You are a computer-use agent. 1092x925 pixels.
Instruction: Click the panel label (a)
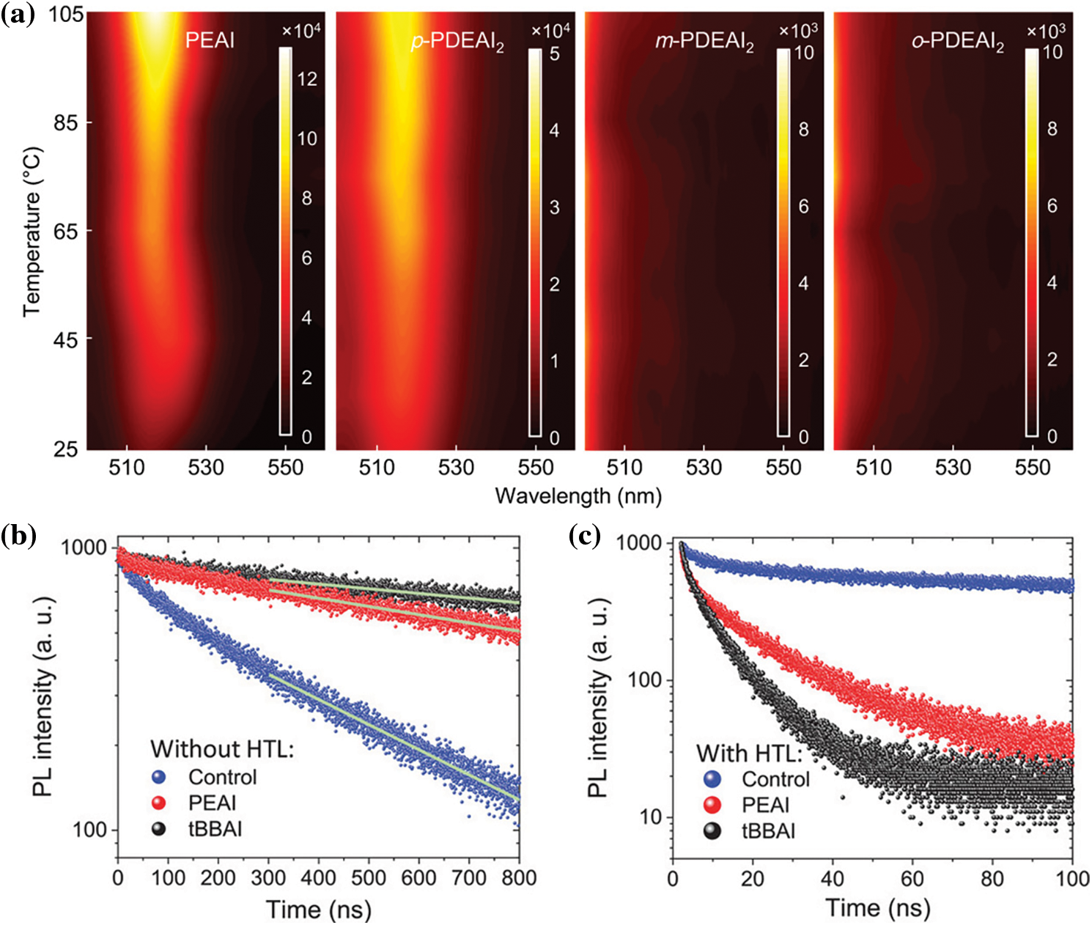pos(18,15)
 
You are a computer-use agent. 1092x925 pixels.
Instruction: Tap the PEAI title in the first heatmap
pos(210,40)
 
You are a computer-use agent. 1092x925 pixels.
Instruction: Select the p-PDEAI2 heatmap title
pos(457,42)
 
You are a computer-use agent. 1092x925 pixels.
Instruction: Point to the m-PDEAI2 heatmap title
pos(704,42)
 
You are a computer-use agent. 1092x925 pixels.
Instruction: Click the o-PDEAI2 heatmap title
pos(957,42)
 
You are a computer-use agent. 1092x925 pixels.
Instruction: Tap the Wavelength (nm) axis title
pos(578,496)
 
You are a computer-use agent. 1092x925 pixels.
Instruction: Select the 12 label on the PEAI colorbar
pos(307,78)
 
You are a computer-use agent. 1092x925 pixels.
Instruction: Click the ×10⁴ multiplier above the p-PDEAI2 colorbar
pos(550,30)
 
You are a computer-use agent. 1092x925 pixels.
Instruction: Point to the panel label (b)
pos(18,536)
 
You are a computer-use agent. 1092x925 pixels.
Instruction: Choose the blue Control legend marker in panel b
pos(158,777)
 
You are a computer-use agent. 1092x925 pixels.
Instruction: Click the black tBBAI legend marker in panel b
pos(158,829)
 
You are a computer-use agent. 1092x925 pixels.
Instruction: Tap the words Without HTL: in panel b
pos(221,749)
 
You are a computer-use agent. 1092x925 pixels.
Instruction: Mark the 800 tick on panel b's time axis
pos(519,878)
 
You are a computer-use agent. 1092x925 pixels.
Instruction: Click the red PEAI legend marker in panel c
pos(712,805)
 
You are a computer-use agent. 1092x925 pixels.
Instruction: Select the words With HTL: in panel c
pos(749,753)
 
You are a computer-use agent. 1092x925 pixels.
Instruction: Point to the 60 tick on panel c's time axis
pos(912,877)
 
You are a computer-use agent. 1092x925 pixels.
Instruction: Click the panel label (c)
pos(585,536)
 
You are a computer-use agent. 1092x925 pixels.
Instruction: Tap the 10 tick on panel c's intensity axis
pos(650,817)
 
